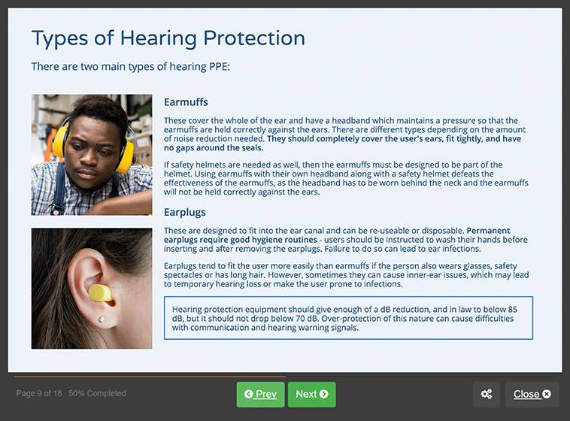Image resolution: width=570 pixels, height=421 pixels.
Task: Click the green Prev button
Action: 260,394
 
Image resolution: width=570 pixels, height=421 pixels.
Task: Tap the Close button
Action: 532,394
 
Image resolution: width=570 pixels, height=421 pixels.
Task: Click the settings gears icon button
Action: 487,394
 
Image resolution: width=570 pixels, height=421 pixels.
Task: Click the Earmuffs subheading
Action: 186,102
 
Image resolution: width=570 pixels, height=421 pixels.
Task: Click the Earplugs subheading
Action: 185,212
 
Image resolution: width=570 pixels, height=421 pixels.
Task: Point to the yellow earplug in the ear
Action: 99,292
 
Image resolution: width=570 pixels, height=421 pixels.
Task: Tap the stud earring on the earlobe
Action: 101,320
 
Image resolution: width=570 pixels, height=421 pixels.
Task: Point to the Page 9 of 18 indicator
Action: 39,393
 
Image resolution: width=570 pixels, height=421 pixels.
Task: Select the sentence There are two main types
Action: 130,67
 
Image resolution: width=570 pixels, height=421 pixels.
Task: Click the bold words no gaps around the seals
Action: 214,148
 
